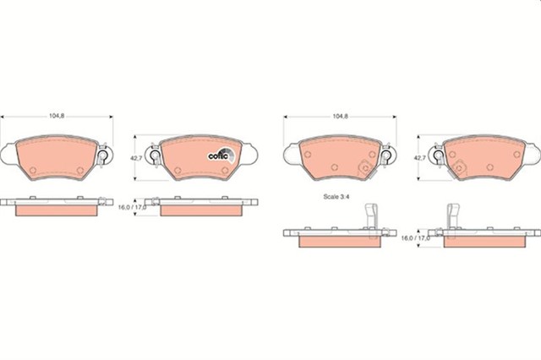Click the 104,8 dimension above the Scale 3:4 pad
(x=339, y=111)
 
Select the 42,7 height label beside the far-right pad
(x=418, y=158)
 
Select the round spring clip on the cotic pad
(x=156, y=155)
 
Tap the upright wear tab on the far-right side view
(x=452, y=217)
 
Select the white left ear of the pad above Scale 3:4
(x=290, y=154)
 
